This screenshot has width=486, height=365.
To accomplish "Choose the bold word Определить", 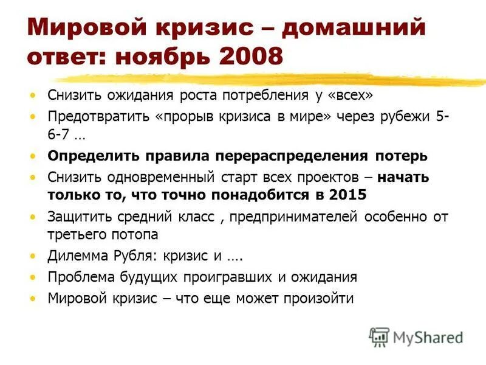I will point(89,155).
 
